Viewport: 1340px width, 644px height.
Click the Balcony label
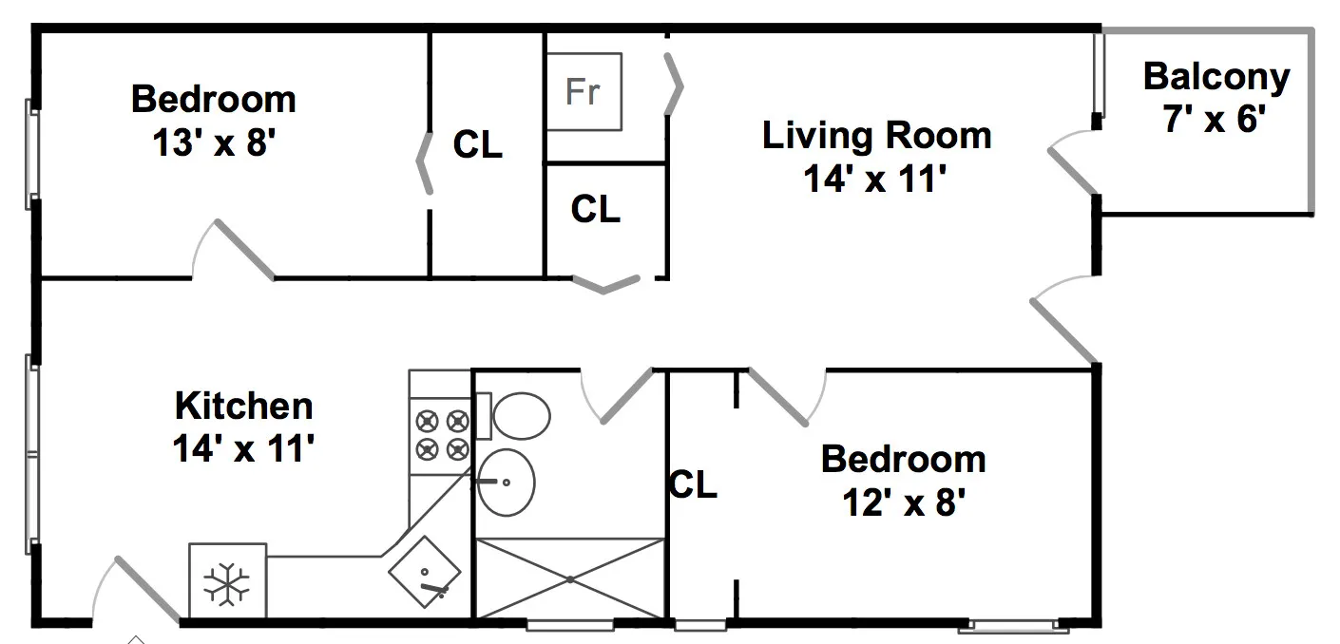point(1216,78)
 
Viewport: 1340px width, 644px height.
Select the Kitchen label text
point(243,406)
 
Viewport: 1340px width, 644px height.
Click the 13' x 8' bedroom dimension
point(214,142)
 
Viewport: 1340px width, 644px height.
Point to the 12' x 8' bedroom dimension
point(903,502)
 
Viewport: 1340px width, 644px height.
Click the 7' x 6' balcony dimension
point(1215,119)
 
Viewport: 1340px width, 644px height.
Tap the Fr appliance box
point(584,91)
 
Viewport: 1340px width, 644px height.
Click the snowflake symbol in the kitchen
point(227,584)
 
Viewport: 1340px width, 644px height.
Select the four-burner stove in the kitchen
point(441,436)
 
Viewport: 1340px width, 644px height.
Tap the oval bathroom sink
point(507,483)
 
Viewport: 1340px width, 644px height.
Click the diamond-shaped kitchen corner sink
point(425,572)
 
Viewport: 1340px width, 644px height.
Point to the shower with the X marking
point(569,578)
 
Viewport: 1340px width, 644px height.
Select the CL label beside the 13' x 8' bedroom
point(477,144)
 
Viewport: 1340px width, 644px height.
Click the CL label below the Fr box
point(595,209)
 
